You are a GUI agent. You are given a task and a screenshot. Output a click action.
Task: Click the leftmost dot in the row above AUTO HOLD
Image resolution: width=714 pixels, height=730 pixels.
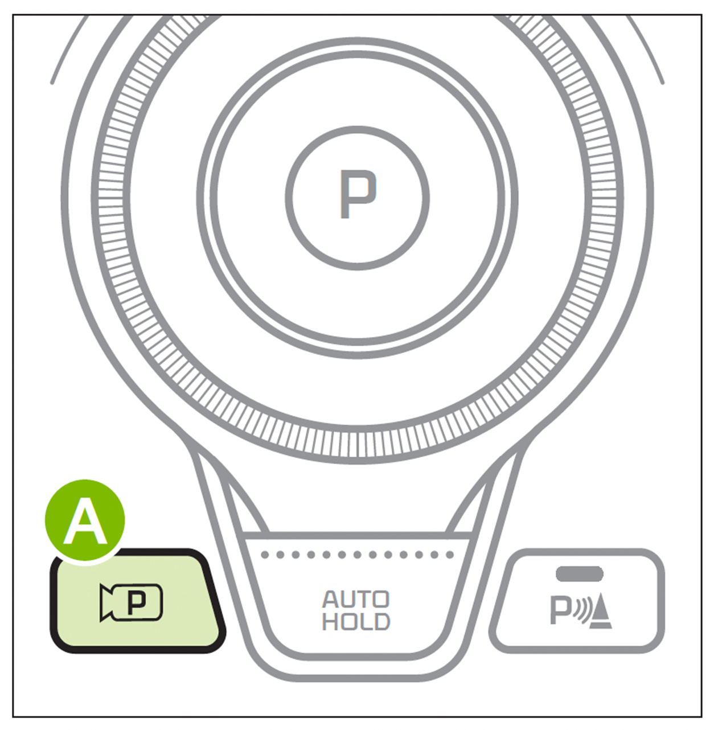coord(265,555)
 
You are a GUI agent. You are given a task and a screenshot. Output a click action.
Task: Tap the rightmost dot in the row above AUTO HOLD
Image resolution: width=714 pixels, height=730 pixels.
coord(450,555)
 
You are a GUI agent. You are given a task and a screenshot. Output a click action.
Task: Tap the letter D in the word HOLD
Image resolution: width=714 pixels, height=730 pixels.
coord(381,622)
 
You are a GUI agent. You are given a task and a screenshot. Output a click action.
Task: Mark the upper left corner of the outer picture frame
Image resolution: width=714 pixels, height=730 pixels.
coord(13,15)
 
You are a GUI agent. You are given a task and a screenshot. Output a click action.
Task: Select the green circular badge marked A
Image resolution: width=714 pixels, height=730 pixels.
coord(85,521)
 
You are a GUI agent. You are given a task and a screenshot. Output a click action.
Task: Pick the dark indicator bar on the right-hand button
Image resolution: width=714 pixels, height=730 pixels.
coord(580,574)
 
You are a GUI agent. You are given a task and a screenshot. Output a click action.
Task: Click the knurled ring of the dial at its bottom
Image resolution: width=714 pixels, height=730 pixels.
coord(357,445)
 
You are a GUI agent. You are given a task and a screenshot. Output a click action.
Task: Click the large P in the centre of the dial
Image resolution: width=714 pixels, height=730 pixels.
coord(358,194)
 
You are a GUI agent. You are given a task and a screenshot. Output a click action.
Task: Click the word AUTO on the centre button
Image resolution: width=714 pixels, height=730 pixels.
coord(356,600)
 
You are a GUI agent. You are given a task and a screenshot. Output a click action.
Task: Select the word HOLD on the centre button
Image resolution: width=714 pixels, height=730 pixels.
coord(356,622)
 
